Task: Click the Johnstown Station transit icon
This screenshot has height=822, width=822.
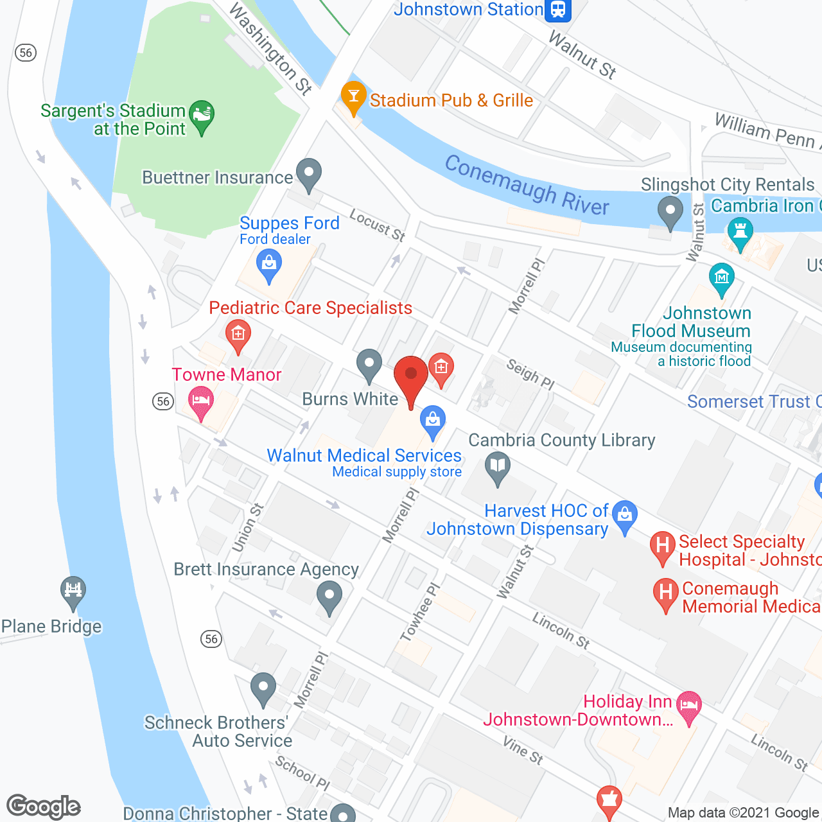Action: point(557,10)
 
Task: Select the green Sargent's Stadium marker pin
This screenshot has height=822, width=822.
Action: point(202,116)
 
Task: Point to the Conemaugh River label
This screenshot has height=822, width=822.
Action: point(527,185)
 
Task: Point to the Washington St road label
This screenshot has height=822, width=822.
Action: point(270,48)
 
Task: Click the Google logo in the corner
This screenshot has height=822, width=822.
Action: point(44,807)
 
